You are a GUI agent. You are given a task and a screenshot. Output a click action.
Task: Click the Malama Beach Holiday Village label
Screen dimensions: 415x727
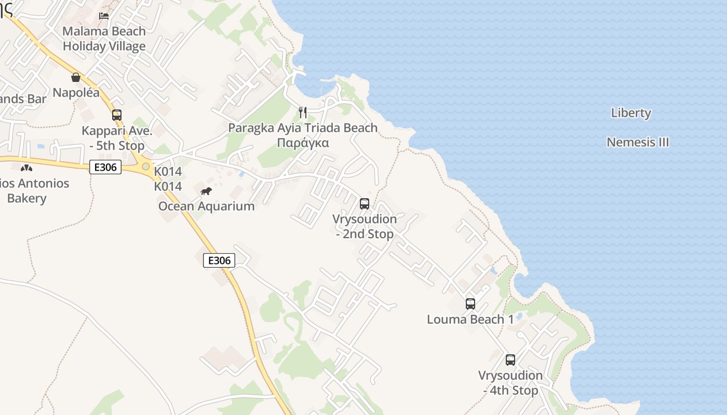(104, 39)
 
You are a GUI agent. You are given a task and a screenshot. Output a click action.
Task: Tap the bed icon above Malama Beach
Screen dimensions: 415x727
(104, 16)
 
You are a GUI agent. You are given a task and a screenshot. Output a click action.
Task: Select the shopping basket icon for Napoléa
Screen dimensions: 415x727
(76, 77)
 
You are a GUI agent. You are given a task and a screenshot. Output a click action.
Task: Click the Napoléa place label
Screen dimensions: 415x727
(76, 93)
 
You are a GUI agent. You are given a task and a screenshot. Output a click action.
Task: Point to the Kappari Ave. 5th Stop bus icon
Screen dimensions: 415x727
(117, 115)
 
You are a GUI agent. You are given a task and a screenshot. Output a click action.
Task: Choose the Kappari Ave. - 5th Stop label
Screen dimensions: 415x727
(117, 138)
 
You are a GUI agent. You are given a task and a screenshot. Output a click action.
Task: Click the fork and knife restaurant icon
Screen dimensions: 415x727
(303, 112)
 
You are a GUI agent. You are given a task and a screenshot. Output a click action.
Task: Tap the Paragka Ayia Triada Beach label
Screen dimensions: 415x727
(303, 128)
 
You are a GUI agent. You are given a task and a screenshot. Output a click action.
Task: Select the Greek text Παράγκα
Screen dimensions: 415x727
(303, 143)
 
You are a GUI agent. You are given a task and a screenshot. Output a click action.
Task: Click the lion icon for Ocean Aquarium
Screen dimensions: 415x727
(206, 191)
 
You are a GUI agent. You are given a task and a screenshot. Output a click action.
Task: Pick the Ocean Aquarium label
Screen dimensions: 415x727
(206, 206)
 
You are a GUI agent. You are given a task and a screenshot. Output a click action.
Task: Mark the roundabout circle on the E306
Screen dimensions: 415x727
(146, 167)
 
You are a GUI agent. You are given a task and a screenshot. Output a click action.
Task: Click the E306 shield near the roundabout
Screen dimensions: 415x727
(105, 167)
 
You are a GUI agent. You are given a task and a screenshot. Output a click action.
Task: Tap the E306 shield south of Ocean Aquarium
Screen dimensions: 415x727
(219, 260)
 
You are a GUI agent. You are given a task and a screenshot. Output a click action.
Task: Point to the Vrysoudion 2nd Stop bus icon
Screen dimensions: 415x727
(365, 203)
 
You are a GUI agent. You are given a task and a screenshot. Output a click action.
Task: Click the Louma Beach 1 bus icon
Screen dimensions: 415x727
(470, 304)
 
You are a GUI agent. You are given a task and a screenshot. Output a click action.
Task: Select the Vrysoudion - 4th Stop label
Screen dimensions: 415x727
(510, 383)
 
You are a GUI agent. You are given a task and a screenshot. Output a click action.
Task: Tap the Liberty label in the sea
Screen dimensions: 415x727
(631, 113)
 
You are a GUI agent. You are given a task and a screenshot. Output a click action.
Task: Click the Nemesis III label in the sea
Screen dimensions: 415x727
(638, 142)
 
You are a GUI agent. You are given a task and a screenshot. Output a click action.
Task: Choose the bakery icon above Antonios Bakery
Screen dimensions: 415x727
(26, 168)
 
